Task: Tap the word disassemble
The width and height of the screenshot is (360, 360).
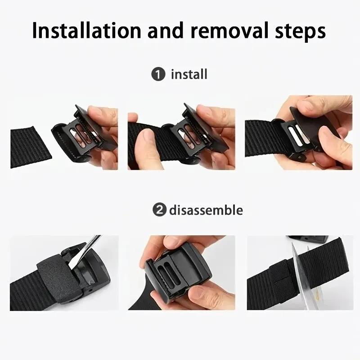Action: pos(206,210)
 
